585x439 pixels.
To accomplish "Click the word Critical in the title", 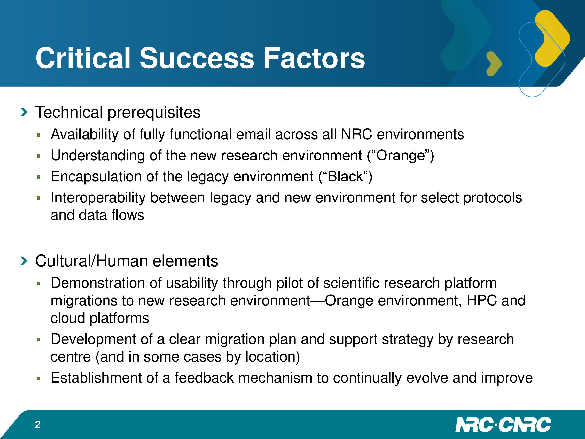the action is click(83, 58).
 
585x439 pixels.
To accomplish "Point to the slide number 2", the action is click(38, 424).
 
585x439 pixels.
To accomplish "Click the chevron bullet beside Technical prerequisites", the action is click(24, 112).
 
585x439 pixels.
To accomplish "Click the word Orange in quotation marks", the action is click(400, 156).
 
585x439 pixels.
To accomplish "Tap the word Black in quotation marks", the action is click(345, 177).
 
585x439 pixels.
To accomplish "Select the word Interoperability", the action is click(98, 198).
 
